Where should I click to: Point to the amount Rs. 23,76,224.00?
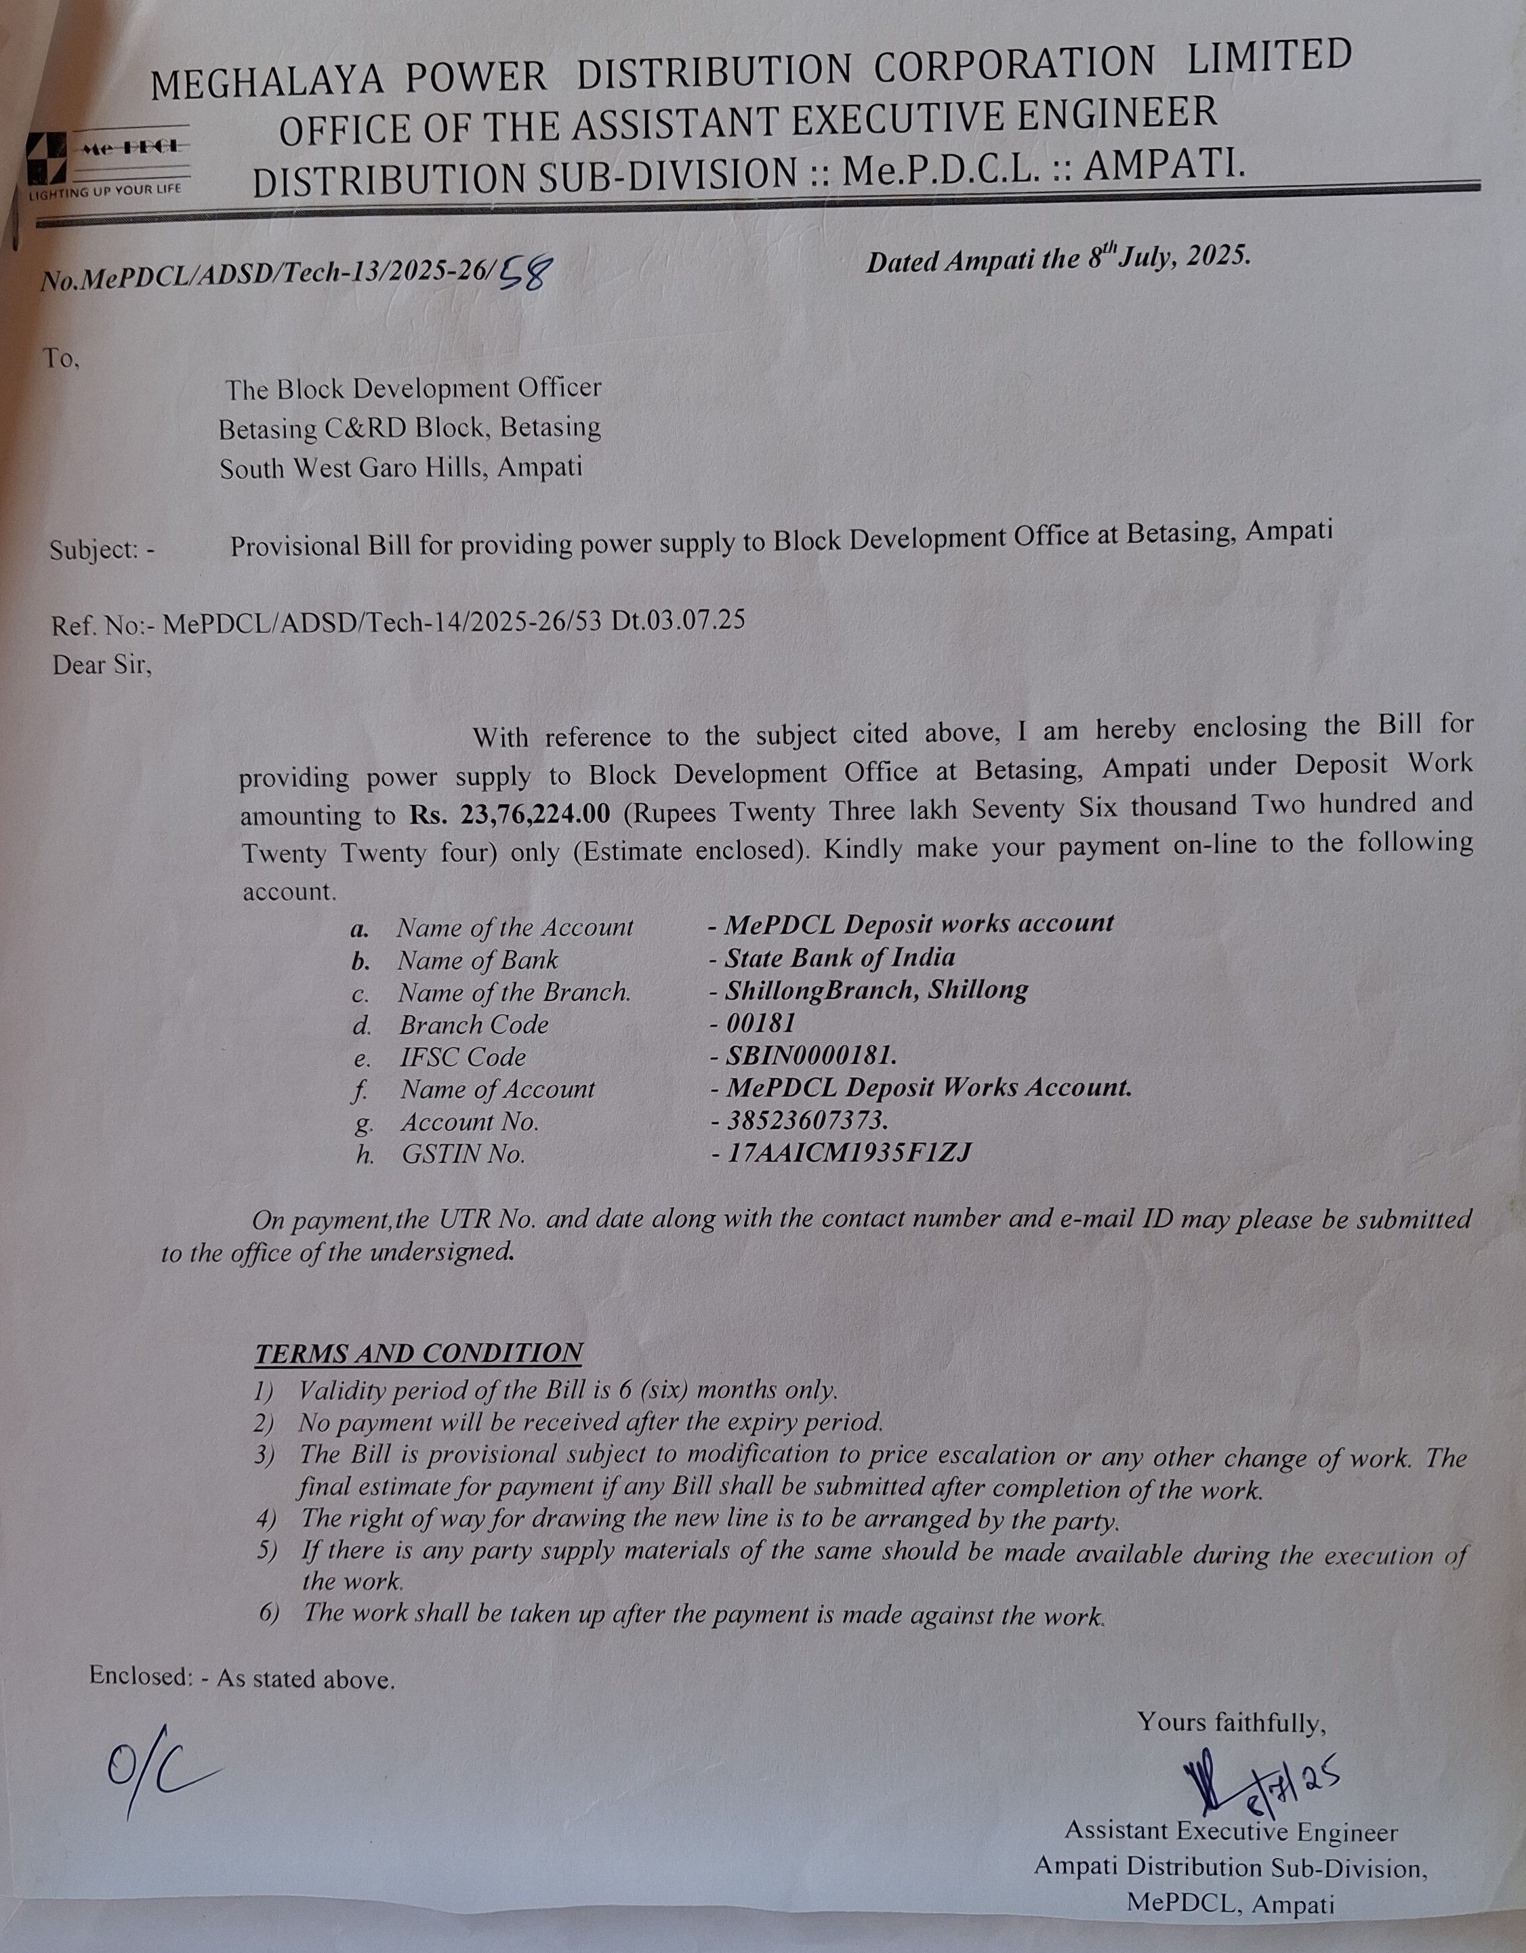click(x=510, y=815)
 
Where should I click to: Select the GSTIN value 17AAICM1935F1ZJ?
click(x=849, y=1153)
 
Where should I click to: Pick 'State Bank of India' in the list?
click(x=840, y=958)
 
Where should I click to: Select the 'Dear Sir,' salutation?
click(x=102, y=665)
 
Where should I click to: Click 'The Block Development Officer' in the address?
click(x=413, y=389)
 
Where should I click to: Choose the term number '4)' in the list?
click(x=266, y=1519)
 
